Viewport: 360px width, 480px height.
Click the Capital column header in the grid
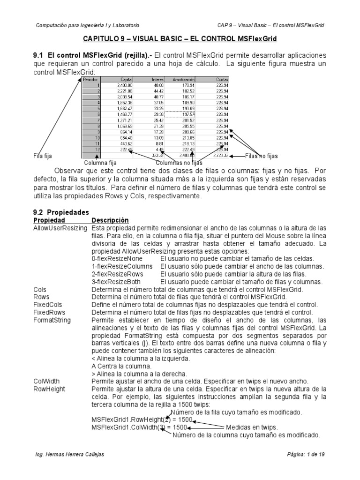126,80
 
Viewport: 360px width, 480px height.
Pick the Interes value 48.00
158,85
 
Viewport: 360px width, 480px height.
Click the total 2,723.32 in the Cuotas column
220,155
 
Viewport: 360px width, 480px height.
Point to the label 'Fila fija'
43,156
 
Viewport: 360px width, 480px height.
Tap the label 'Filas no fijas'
265,155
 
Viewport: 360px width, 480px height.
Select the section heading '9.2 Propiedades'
61,212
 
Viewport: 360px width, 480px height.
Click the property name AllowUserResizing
60,228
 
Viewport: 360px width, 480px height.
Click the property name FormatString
52,320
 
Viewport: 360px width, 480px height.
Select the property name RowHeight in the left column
49,389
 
